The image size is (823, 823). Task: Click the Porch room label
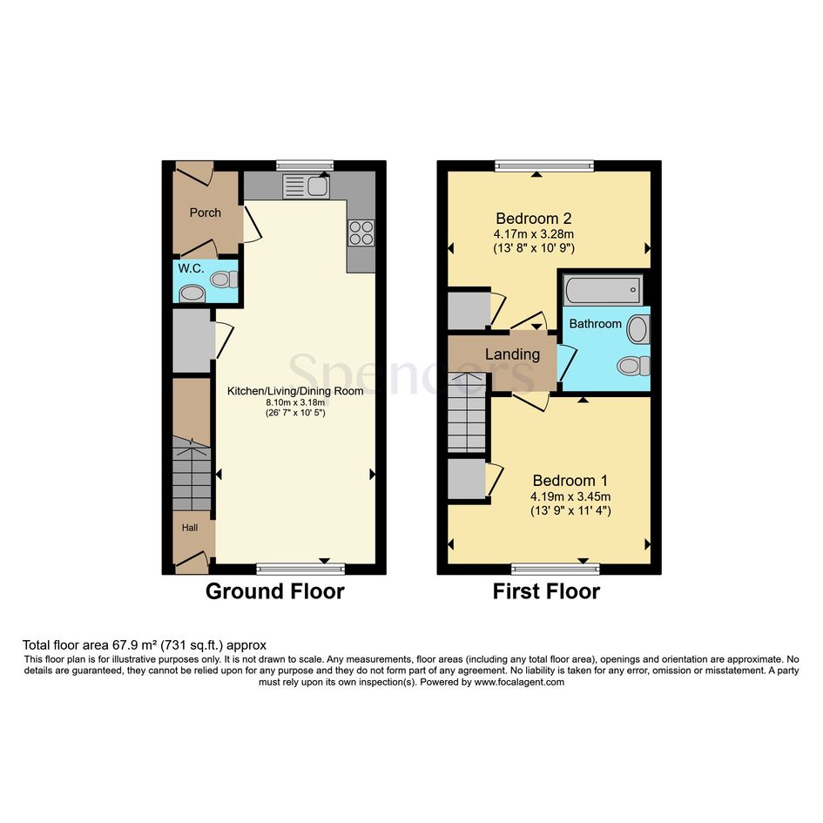tap(206, 212)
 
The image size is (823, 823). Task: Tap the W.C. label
tap(191, 268)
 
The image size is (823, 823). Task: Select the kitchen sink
tap(306, 186)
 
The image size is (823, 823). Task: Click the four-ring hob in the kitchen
tap(361, 233)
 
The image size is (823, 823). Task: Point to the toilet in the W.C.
tap(224, 279)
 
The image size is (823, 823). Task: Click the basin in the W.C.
tap(191, 294)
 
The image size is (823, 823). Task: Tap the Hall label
tap(190, 528)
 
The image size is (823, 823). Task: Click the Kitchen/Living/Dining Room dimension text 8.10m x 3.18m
tap(295, 402)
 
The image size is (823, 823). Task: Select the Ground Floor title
tap(275, 591)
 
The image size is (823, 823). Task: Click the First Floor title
tap(546, 591)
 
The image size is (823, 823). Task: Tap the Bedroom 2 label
tap(534, 218)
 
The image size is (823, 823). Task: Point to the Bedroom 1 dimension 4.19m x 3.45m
tap(570, 496)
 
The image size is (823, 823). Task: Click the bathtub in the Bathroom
tap(604, 290)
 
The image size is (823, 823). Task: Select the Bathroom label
tap(595, 324)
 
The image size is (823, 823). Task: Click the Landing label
tap(512, 354)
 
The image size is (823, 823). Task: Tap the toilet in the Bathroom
tap(633, 366)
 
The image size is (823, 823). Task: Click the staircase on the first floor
tap(467, 412)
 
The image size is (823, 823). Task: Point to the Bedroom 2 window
tap(544, 165)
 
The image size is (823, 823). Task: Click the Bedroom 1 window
tap(556, 569)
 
